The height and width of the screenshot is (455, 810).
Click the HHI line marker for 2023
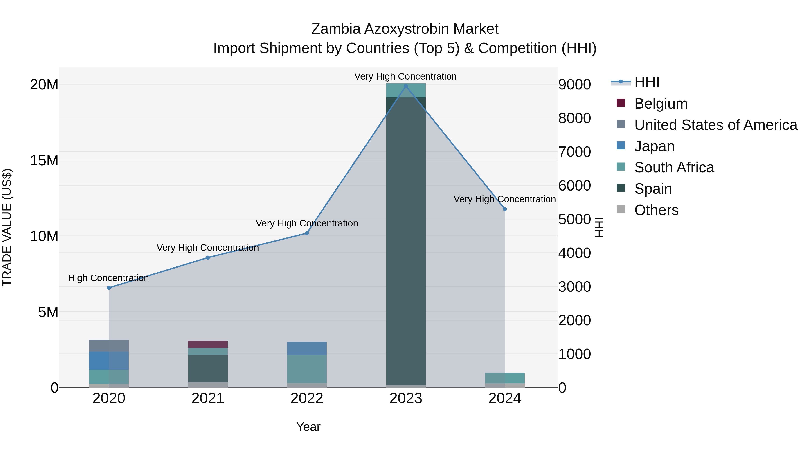(x=406, y=86)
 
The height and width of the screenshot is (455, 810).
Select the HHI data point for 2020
(x=109, y=288)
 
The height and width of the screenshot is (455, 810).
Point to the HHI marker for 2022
(x=307, y=233)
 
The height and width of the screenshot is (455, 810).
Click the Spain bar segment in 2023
(x=406, y=239)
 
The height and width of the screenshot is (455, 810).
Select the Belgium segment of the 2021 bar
(x=208, y=344)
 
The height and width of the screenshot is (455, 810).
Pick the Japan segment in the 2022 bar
(x=307, y=348)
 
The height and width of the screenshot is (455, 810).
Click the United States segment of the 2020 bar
(x=109, y=346)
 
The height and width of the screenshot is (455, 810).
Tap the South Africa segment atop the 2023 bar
(x=406, y=90)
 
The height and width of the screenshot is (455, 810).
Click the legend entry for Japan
(x=654, y=146)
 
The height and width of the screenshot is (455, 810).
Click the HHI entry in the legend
(x=646, y=82)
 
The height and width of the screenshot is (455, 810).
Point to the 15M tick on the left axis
(x=44, y=160)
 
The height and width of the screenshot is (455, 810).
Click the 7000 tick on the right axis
(x=574, y=152)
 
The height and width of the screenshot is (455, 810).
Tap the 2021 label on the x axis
(x=208, y=398)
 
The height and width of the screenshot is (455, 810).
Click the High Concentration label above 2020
(x=108, y=278)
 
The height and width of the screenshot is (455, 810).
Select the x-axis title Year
(x=308, y=427)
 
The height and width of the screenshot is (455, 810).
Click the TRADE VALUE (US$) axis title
(x=7, y=227)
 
